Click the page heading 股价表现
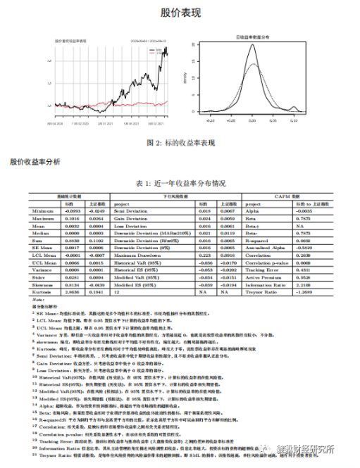[180, 13]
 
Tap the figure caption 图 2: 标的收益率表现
[180, 142]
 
